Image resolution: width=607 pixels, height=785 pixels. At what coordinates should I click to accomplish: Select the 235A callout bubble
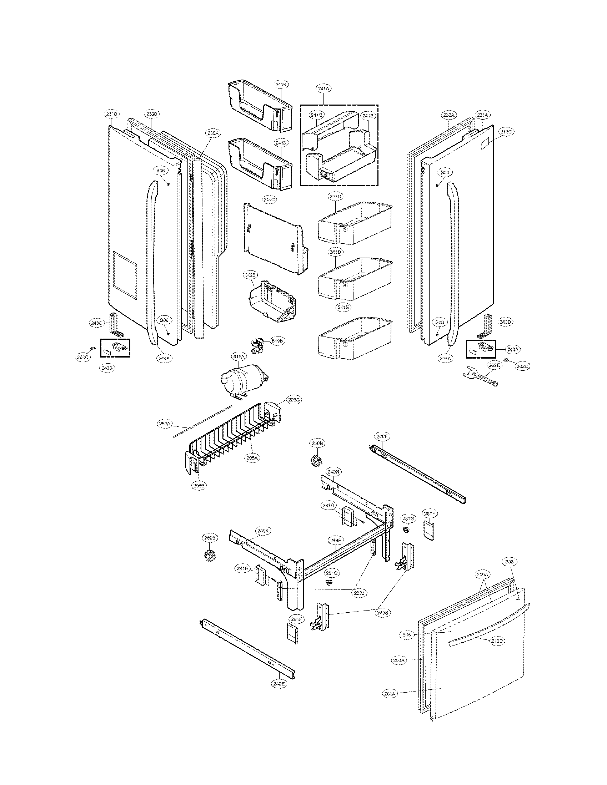tap(212, 133)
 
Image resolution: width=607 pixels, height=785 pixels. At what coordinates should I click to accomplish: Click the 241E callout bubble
tap(338, 307)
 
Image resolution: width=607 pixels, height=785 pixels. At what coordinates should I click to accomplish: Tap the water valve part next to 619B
tap(258, 346)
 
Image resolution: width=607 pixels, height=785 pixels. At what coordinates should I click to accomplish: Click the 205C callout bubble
tap(294, 400)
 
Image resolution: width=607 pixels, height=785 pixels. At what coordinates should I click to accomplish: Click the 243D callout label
tap(505, 322)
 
